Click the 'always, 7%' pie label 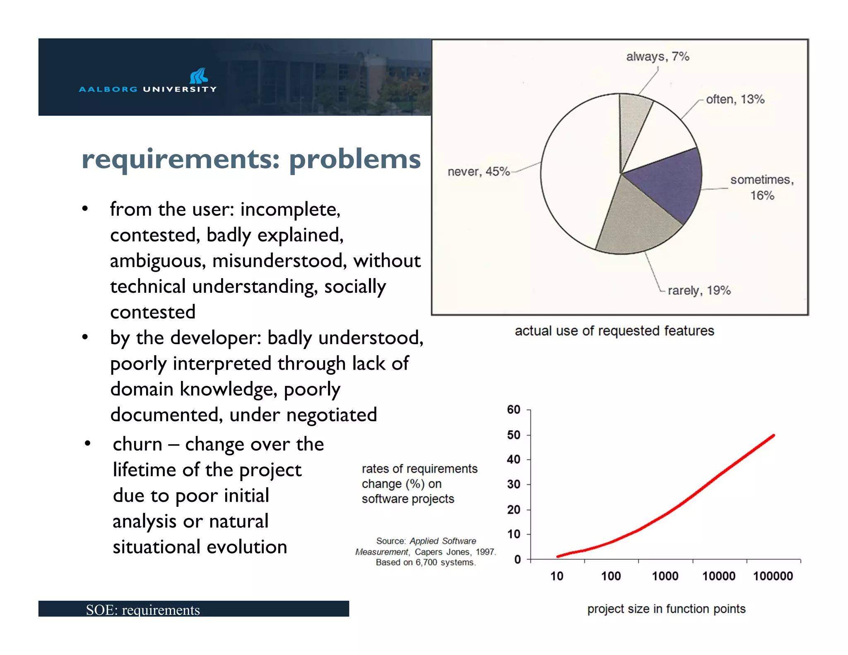tap(657, 56)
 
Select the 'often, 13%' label tap(735, 99)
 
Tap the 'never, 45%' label tap(478, 171)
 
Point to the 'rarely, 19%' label tap(699, 290)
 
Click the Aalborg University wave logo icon tap(198, 76)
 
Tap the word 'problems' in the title tap(354, 159)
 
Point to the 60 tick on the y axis tap(514, 409)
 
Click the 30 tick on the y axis tap(514, 484)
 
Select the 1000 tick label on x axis tap(665, 576)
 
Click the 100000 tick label tap(773, 576)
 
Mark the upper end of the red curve tap(773, 436)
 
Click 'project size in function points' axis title tap(666, 609)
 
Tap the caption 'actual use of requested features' tap(614, 331)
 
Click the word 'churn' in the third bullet tap(137, 444)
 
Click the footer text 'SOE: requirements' tap(143, 610)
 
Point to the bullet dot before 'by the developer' tap(85, 337)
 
